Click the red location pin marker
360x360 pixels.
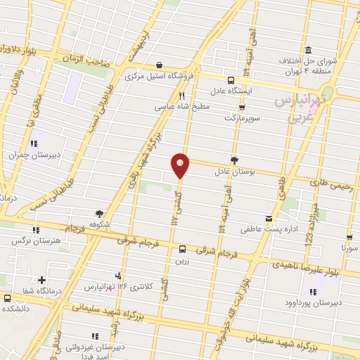181,165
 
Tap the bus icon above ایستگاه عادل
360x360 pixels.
231,79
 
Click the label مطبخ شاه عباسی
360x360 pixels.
181,108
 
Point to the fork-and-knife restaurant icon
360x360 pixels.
181,96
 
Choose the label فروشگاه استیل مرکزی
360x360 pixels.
160,76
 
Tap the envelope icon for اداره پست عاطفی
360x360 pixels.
268,219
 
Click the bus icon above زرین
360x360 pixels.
182,248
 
